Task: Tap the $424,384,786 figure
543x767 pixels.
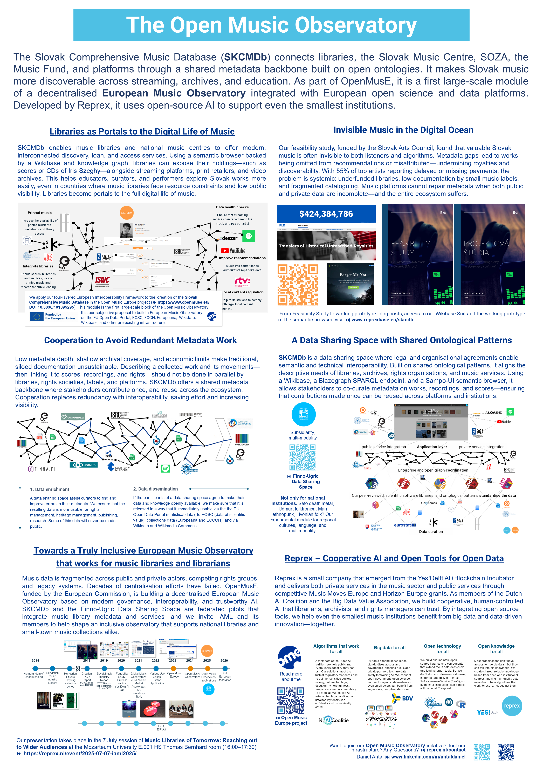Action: coord(326,214)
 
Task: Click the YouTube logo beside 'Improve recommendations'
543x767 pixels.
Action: coord(233,251)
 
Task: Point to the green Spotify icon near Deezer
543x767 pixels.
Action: coord(248,236)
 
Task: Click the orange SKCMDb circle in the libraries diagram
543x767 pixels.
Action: coord(127,213)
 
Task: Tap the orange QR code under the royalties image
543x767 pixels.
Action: coord(298,284)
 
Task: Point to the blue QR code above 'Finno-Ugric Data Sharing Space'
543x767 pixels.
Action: coord(302,457)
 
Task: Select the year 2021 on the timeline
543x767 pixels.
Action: coord(138,661)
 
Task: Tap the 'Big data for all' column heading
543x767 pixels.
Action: coord(390,647)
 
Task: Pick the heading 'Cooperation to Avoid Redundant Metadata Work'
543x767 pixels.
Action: coord(140,340)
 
